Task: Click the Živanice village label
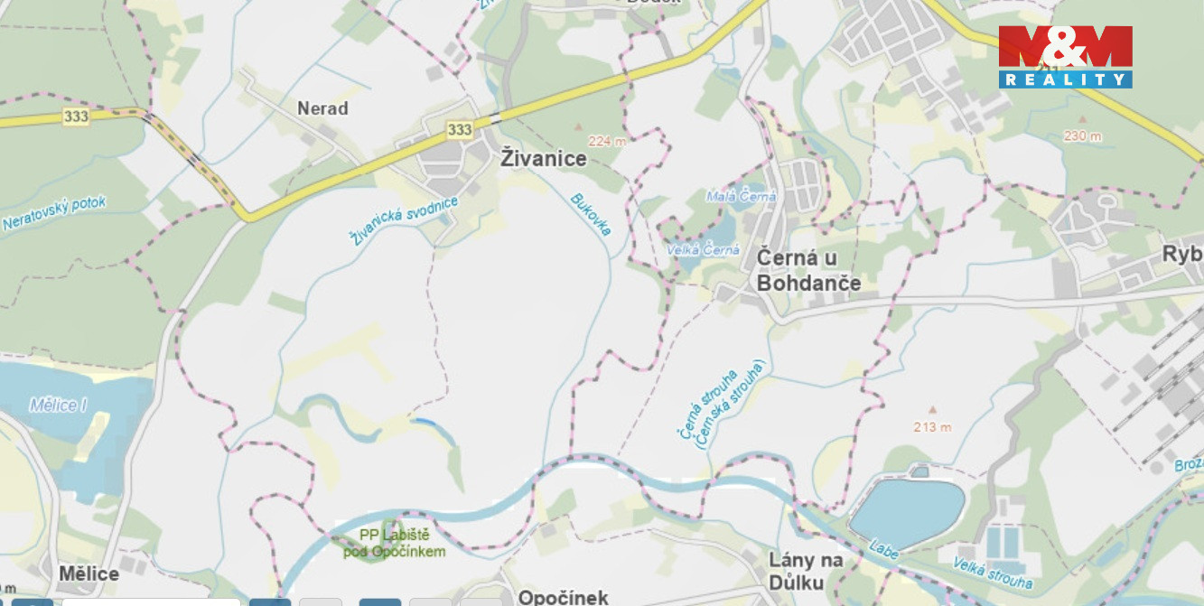pyautogui.click(x=543, y=159)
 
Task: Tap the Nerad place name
pyautogui.click(x=322, y=108)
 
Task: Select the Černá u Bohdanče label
pyautogui.click(x=808, y=270)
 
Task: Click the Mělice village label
pyautogui.click(x=89, y=573)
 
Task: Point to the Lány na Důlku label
pyautogui.click(x=806, y=571)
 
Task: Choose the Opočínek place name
pyautogui.click(x=563, y=597)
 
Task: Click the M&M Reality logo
pyautogui.click(x=1065, y=56)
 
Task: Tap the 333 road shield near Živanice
pyautogui.click(x=459, y=130)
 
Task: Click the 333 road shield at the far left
pyautogui.click(x=76, y=117)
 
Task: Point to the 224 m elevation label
pyautogui.click(x=606, y=141)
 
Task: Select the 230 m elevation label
pyautogui.click(x=1082, y=136)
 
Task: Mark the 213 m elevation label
pyautogui.click(x=932, y=427)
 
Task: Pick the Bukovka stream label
pyautogui.click(x=591, y=214)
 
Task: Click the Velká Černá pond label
pyautogui.click(x=703, y=250)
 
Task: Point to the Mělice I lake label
pyautogui.click(x=58, y=405)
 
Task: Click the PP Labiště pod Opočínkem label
pyautogui.click(x=395, y=544)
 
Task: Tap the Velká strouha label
pyautogui.click(x=993, y=573)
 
